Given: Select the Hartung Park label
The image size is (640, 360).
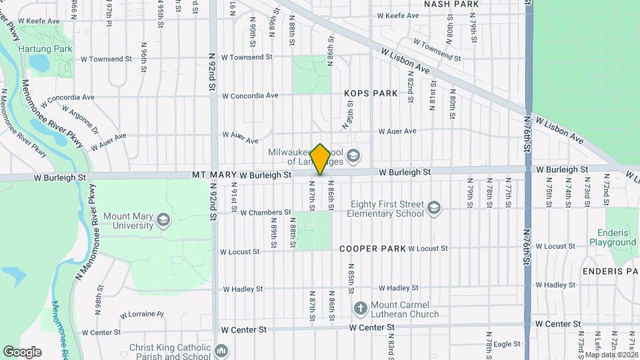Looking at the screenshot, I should click(38, 49).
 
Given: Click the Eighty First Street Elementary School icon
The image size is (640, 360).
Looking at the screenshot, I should click(435, 209).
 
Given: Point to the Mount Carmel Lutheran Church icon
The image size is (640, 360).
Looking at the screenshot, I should click(360, 309).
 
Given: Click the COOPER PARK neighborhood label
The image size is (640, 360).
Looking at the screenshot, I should click(372, 249).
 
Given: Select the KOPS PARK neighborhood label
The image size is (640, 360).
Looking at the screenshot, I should click(371, 93).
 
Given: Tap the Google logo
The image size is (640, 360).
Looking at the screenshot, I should click(22, 351).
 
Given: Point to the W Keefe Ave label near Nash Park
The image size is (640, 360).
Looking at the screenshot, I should click(398, 15).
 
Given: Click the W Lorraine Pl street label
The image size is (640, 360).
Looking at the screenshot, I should click(142, 314).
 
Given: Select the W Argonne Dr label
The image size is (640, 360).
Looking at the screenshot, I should click(80, 116).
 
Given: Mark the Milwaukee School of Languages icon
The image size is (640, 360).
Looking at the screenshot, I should click(353, 157).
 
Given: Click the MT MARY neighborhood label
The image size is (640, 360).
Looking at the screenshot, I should click(214, 175).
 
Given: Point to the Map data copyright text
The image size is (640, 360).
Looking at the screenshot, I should click(611, 354).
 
